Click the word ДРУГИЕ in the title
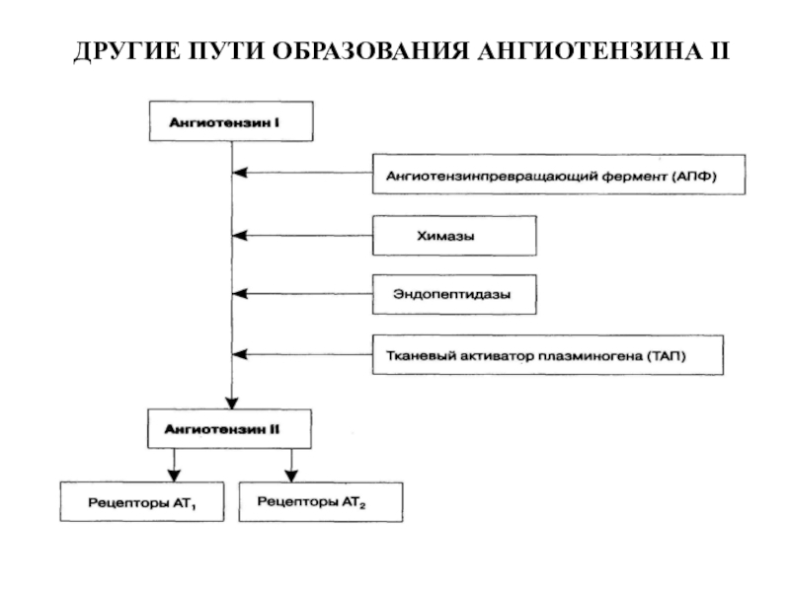coord(127,51)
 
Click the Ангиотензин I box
coord(231,121)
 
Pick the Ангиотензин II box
coord(229,429)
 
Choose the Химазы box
coord(454,236)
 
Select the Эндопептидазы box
coord(454,294)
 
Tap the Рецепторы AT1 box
coord(142,501)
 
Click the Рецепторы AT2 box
coord(321,502)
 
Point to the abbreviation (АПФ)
coord(694,177)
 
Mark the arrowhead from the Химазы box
coord(240,235)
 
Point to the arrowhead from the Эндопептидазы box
coord(240,293)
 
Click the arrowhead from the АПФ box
coord(240,173)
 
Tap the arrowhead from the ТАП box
coord(240,354)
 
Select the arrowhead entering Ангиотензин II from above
coord(232,403)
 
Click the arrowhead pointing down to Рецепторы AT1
coord(175,476)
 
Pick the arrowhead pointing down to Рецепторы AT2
coord(291,476)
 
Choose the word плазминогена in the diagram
coord(591,356)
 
